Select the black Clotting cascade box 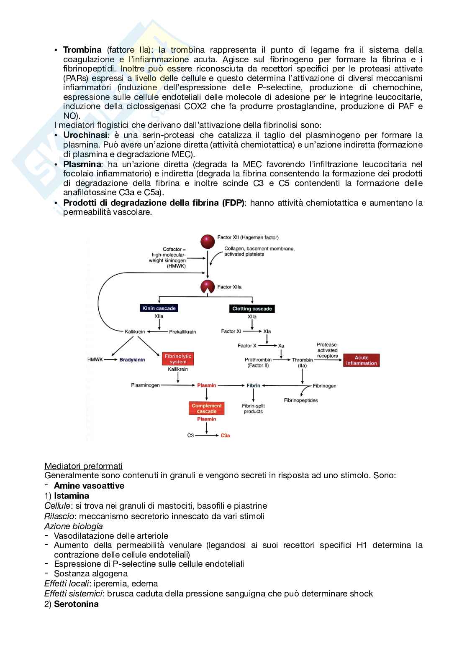(252, 309)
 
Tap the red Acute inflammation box (362, 360)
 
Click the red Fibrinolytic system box (178, 359)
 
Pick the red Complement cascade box (206, 408)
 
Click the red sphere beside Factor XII (208, 241)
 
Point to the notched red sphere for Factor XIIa (208, 287)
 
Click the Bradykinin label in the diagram (132, 359)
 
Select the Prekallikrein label (182, 332)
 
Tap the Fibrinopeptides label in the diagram (301, 400)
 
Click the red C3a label (225, 436)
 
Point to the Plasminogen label (145, 385)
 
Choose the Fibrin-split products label (254, 408)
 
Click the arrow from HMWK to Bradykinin (110, 359)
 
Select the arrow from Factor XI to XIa (252, 331)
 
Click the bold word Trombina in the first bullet (82, 50)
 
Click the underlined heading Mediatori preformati (83, 466)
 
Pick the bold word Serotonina (76, 604)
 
